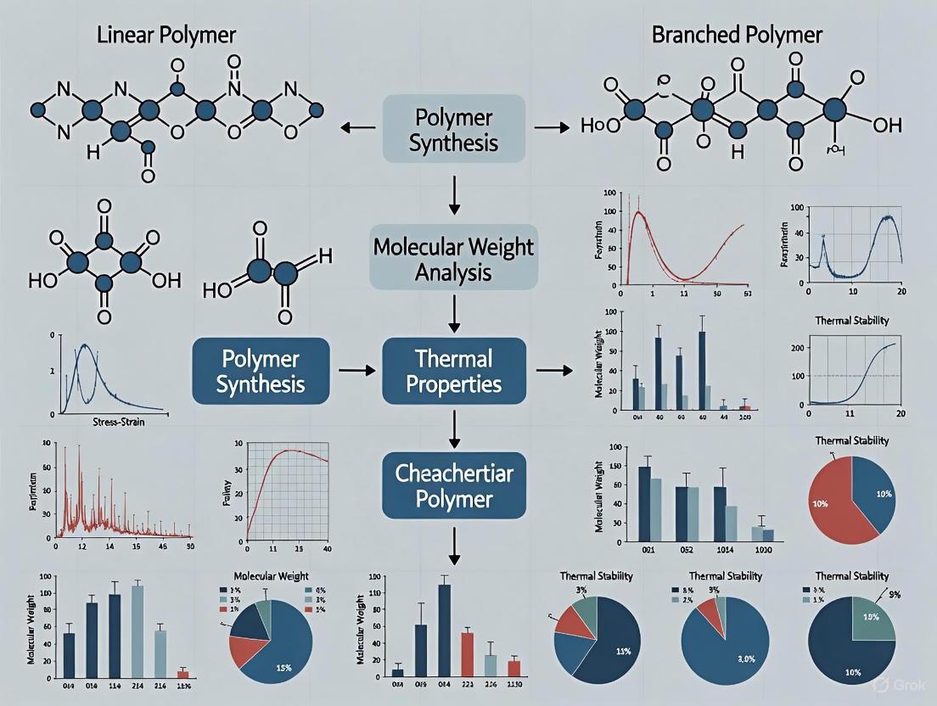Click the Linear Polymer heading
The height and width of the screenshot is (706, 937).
(166, 35)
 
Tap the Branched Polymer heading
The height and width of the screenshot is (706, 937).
(737, 35)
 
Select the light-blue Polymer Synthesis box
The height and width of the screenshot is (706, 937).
(454, 129)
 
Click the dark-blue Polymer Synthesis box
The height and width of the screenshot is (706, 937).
(261, 372)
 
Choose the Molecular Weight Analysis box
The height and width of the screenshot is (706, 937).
(454, 260)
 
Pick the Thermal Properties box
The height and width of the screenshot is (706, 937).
(454, 372)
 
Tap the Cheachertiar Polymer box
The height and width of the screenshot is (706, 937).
(454, 485)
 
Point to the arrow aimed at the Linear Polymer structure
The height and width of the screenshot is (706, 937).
(357, 127)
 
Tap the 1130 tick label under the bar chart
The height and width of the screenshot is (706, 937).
(515, 685)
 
